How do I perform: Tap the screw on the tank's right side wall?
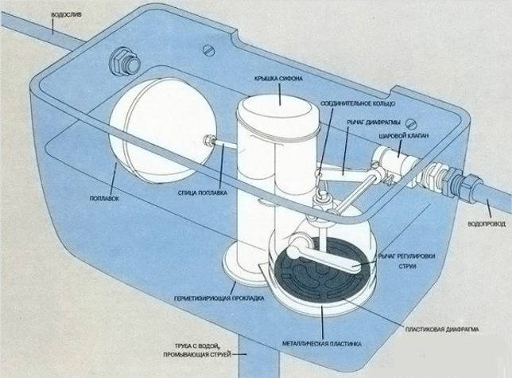[x=411, y=123]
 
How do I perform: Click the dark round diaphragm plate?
[x=318, y=274]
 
